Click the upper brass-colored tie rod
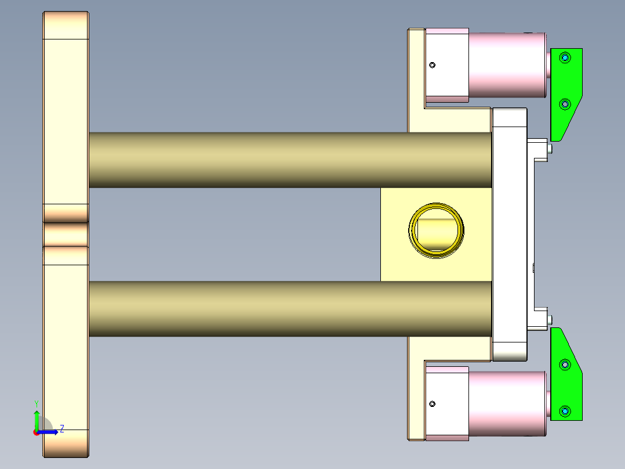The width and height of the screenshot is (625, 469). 290,160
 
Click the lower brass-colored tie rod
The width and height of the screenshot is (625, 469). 290,309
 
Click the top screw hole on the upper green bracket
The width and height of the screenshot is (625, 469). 565,57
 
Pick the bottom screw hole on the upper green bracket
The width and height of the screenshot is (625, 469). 565,104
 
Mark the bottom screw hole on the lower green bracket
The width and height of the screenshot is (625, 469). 565,411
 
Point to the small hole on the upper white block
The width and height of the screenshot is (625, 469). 432,65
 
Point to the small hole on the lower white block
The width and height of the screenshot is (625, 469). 432,403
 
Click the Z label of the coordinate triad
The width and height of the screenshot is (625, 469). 61,429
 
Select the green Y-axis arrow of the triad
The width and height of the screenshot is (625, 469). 37,419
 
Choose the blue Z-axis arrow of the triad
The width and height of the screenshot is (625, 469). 49,432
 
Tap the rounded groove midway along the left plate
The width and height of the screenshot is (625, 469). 66,234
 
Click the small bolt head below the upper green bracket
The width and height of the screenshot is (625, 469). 550,149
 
